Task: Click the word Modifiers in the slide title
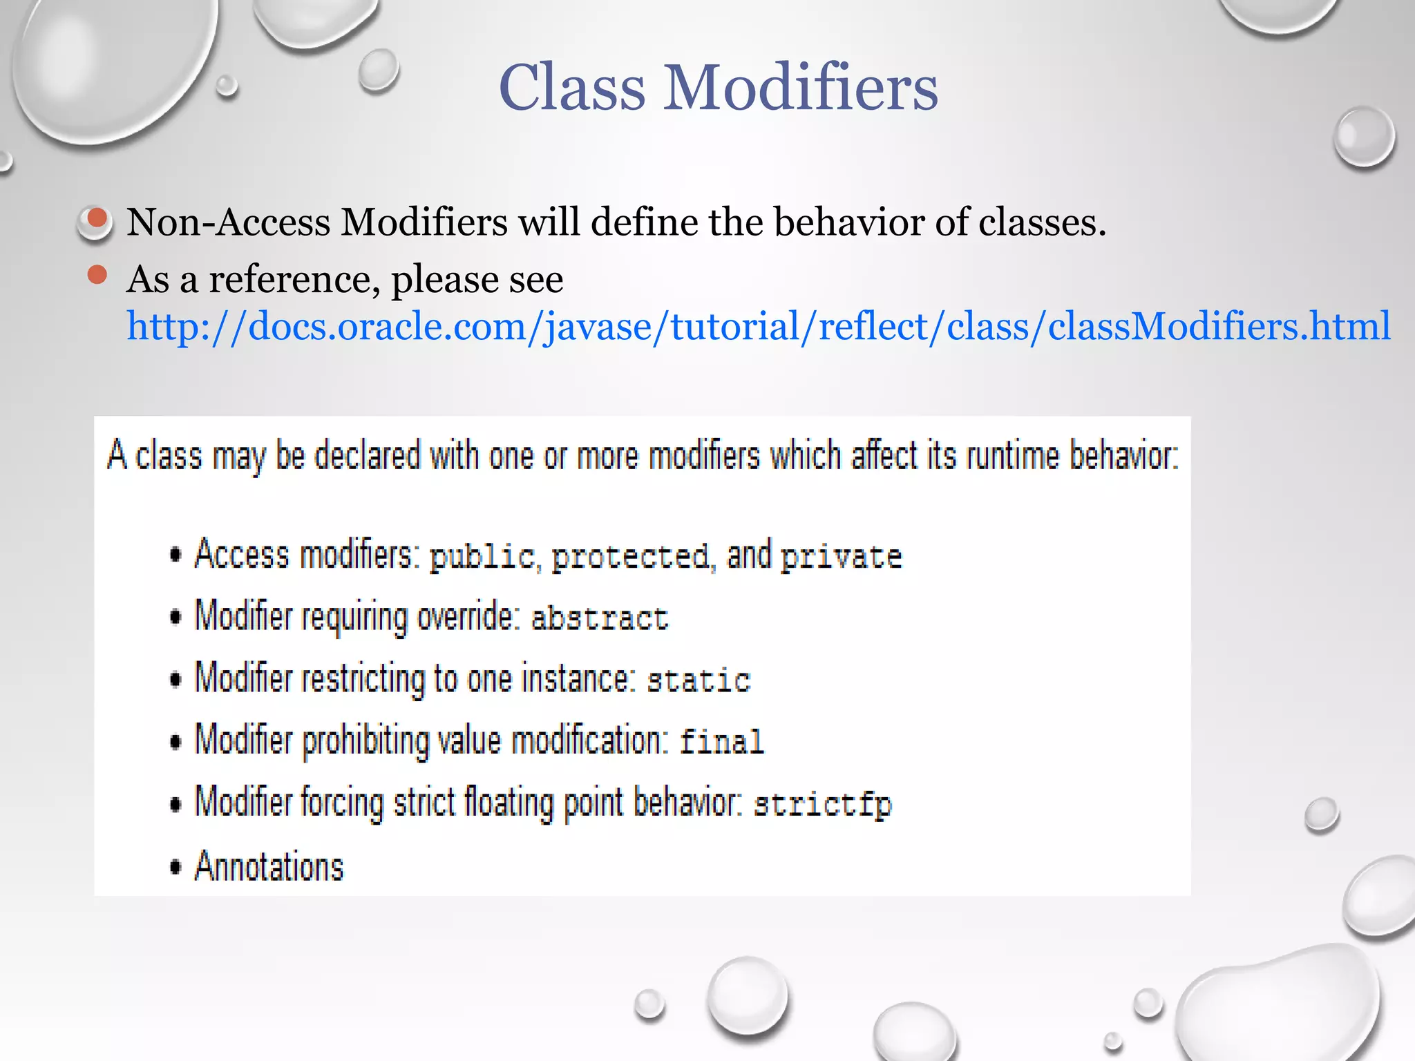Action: point(801,88)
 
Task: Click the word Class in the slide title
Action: point(571,88)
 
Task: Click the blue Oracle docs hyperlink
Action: point(758,326)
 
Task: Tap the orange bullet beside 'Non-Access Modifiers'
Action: point(97,219)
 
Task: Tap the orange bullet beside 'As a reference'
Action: point(97,275)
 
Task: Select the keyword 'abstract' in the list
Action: point(599,618)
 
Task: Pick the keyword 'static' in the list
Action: point(699,680)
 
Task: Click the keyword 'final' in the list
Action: point(721,742)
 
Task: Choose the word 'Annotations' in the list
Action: point(269,866)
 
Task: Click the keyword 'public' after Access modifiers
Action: point(482,557)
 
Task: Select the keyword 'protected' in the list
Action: point(630,557)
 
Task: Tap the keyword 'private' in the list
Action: point(841,557)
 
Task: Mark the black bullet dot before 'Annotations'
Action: point(176,867)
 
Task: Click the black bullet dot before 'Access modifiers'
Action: point(176,555)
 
